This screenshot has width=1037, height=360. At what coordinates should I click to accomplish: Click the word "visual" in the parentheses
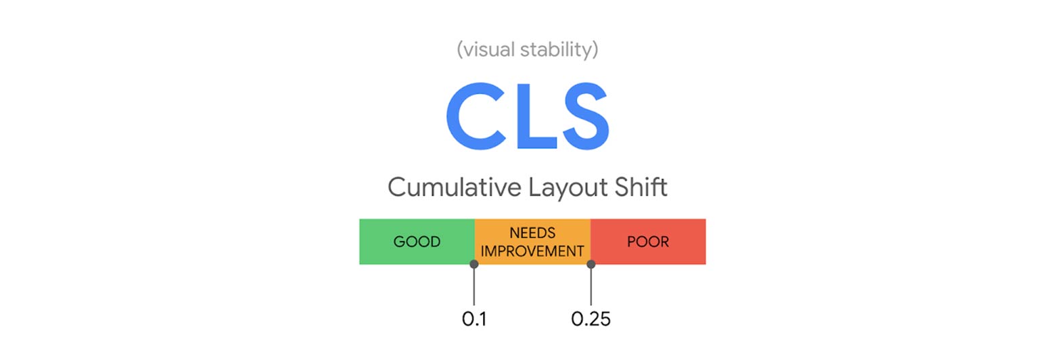coord(489,49)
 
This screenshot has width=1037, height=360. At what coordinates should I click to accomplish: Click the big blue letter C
coord(476,116)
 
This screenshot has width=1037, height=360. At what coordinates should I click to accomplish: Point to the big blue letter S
coord(586,116)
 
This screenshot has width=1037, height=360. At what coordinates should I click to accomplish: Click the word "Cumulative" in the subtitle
coord(455,187)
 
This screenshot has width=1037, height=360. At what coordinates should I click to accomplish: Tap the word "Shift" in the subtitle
coord(641,187)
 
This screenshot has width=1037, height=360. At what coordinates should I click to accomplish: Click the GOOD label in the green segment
coord(417,242)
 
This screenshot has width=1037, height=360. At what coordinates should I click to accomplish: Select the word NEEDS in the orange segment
coord(532,233)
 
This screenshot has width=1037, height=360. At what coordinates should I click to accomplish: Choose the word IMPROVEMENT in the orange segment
coord(532,251)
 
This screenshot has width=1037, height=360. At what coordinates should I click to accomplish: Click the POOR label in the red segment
coord(648,242)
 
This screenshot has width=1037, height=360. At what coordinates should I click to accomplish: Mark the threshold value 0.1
coord(474,319)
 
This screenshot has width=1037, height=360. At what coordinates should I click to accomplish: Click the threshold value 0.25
coord(591,319)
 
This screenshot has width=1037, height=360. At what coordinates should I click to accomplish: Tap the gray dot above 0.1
coord(474,264)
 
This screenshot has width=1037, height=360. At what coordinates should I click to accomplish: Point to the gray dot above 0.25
coord(591,264)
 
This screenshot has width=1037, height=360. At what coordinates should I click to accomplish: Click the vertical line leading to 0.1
coord(474,287)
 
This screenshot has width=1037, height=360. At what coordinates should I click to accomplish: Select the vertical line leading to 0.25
coord(591,287)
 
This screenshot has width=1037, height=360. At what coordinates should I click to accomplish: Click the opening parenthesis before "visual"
coord(460,50)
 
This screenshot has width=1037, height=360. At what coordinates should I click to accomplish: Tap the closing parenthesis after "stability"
coord(595,50)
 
